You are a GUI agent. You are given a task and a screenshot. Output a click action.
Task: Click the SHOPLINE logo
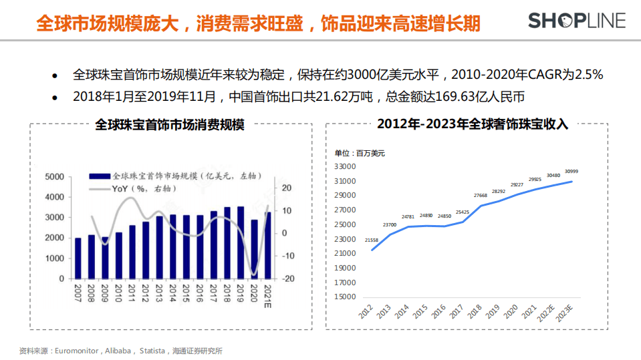pos(577,21)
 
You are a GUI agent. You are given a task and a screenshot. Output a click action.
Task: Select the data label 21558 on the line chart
pos(372,240)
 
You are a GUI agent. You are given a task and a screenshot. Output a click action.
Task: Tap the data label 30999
pos(571,172)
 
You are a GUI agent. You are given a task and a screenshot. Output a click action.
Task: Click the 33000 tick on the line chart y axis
pos(344,166)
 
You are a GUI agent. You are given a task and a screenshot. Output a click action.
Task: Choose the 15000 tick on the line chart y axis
pos(344,297)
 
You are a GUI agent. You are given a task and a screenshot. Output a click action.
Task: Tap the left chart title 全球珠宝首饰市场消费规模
pos(170,124)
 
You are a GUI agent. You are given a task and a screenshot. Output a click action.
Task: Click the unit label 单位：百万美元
pos(360,153)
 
